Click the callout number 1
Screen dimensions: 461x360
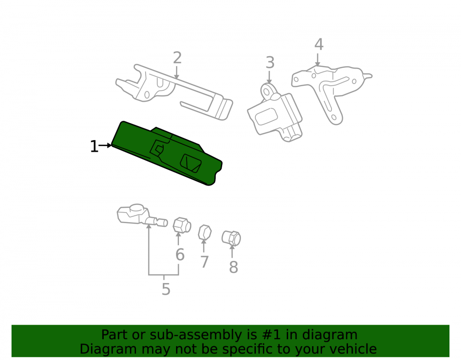pos(94,146)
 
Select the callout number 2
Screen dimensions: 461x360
pos(177,58)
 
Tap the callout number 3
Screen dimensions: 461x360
pos(270,63)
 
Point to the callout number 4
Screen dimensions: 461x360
pos(319,44)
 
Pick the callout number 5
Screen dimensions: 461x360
pos(166,289)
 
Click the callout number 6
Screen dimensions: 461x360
pos(180,254)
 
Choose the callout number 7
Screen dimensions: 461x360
pos(204,261)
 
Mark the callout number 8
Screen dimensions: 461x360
pos(233,267)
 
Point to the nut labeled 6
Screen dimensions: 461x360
pos(182,225)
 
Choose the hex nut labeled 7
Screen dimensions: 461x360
pos(205,232)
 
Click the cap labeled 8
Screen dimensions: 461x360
pos(231,238)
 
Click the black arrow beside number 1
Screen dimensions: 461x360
pos(105,145)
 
